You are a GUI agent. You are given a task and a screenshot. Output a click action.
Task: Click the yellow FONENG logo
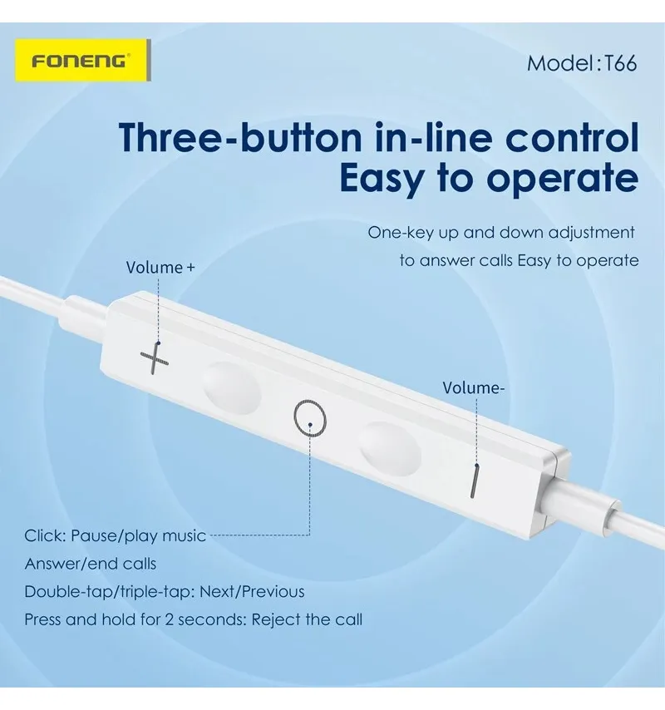pyautogui.click(x=83, y=60)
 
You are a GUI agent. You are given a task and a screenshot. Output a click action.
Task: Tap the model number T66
pyautogui.click(x=621, y=63)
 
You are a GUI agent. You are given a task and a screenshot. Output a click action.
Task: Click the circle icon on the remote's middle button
pyautogui.click(x=310, y=418)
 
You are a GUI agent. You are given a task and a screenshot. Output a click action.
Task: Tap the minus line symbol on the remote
pyautogui.click(x=474, y=481)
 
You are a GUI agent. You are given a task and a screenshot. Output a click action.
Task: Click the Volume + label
pyautogui.click(x=160, y=268)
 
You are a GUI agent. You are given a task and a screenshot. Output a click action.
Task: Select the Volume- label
pyautogui.click(x=473, y=388)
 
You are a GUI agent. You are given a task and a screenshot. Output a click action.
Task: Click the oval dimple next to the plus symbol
pyautogui.click(x=232, y=388)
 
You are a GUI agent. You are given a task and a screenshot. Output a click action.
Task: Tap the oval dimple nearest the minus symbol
pyautogui.click(x=390, y=449)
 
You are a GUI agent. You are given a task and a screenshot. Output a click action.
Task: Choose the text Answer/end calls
pyautogui.click(x=91, y=564)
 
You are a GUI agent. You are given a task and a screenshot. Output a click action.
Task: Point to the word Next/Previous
pyautogui.click(x=252, y=592)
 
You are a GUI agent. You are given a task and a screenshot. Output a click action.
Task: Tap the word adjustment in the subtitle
pyautogui.click(x=592, y=233)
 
